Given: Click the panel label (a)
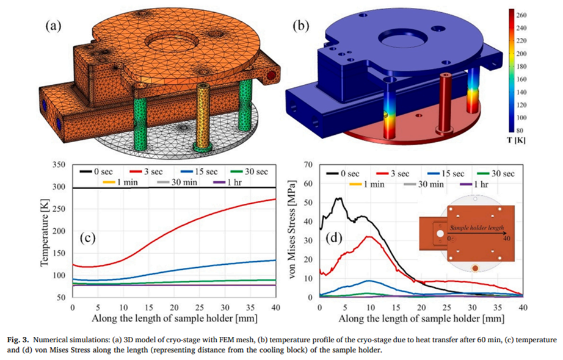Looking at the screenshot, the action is [53, 26].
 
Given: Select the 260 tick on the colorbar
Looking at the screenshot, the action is [521, 15].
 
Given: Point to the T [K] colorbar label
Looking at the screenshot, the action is [517, 140].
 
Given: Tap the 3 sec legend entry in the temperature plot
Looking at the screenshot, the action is [147, 171].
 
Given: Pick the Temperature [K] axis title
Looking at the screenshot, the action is [45, 233].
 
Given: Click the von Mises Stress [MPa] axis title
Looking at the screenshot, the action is [293, 231].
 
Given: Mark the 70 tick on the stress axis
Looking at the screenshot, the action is [309, 165].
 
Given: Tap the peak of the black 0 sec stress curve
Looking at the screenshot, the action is [338, 198].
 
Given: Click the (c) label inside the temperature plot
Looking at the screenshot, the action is [87, 238].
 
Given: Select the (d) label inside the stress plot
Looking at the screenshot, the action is [334, 238].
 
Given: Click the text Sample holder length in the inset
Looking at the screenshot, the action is [477, 228].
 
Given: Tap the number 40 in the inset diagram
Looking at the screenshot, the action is [506, 239].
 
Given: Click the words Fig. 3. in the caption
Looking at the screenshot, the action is [17, 339].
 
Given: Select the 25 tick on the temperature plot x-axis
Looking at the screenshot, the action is [200, 308].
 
